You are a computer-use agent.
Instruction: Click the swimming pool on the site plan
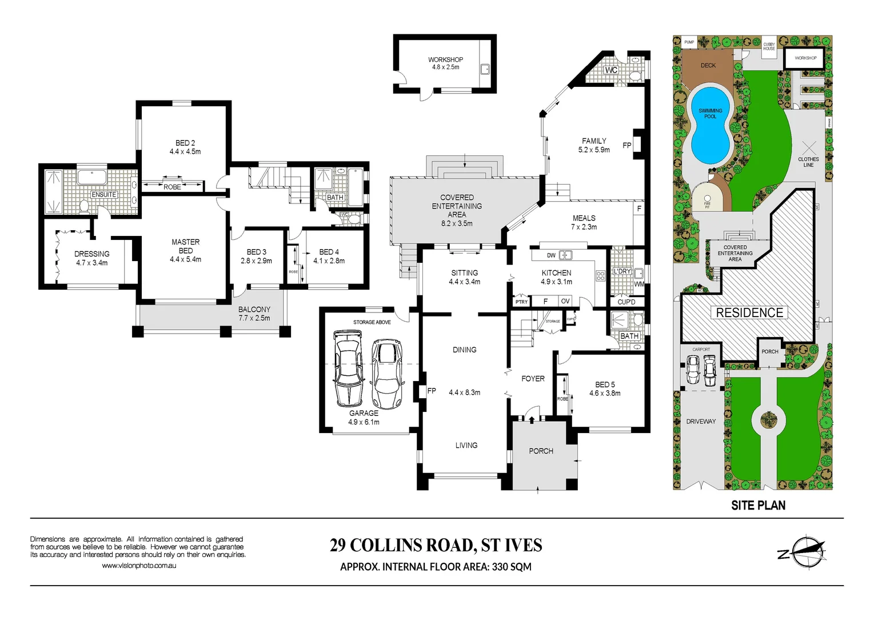click(x=710, y=125)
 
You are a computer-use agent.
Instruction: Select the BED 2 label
click(x=185, y=143)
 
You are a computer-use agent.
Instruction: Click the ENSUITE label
click(x=104, y=195)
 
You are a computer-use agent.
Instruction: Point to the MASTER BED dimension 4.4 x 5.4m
click(x=185, y=259)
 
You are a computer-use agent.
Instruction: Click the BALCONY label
click(x=254, y=309)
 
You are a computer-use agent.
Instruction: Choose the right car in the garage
click(x=387, y=374)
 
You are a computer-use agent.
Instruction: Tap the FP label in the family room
click(x=626, y=145)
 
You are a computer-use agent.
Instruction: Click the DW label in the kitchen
click(x=551, y=255)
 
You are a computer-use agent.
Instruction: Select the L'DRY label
click(x=622, y=271)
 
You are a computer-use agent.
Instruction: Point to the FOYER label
click(x=533, y=379)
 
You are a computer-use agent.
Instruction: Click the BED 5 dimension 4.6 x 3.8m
click(x=605, y=393)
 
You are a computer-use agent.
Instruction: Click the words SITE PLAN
click(x=758, y=506)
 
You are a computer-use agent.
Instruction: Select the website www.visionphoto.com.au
click(x=139, y=566)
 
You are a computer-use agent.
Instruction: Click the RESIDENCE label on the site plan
click(x=749, y=312)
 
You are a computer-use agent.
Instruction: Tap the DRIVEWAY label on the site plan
click(x=701, y=422)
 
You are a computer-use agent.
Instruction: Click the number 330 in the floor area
click(x=500, y=567)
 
